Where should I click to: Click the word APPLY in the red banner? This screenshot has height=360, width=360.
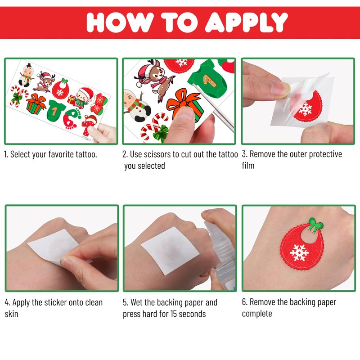point(246,22)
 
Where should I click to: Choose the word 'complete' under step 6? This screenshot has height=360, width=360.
point(257,314)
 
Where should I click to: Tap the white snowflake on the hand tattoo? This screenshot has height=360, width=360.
point(299,252)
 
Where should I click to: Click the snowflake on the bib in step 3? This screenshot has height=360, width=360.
point(305,109)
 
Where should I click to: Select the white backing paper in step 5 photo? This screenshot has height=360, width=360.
point(170,250)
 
